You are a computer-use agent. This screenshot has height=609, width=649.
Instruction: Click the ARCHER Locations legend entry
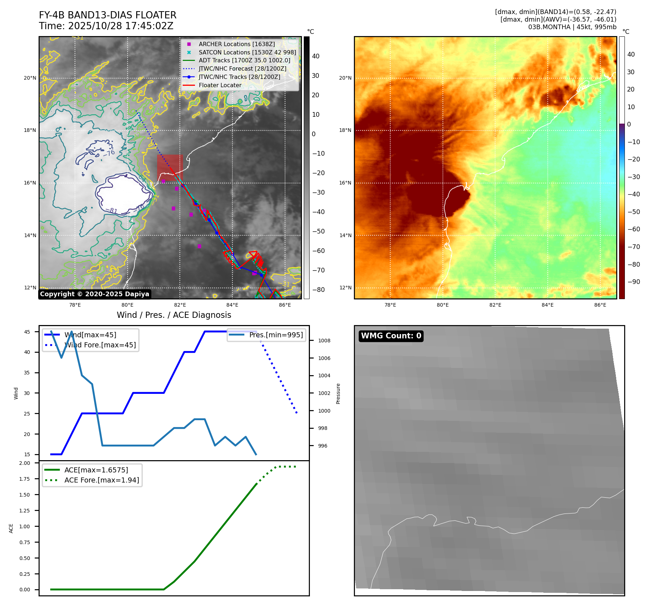(236, 44)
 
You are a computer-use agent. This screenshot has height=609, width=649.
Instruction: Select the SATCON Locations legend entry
(247, 52)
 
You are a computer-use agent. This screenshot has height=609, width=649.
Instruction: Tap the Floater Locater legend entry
(220, 85)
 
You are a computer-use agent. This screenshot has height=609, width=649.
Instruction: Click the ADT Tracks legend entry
(244, 60)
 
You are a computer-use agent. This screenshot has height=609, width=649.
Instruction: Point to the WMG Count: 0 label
(391, 336)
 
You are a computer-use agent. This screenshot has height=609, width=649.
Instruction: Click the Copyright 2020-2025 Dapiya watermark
(94, 294)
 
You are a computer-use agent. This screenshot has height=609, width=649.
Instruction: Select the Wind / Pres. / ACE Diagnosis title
(174, 315)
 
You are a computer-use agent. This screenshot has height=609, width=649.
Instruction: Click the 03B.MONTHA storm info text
(572, 27)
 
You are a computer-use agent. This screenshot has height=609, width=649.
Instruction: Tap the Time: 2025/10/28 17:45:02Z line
(106, 26)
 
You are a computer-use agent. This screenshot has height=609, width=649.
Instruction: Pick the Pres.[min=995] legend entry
(276, 335)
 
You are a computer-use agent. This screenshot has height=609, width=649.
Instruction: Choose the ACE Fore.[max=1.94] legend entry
(102, 480)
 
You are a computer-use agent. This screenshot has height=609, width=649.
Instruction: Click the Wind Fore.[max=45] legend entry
(100, 345)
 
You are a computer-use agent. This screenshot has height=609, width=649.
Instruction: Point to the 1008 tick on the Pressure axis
(324, 341)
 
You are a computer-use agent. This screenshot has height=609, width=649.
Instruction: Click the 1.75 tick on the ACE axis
(25, 479)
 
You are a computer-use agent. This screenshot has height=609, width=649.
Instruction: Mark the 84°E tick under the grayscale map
(232, 305)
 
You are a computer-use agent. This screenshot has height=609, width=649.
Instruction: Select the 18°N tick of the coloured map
(345, 130)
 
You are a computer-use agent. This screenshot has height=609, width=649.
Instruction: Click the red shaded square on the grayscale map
(170, 168)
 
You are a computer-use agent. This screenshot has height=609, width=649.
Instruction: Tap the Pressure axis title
(338, 394)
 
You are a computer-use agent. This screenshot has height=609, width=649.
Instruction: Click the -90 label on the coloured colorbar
(634, 282)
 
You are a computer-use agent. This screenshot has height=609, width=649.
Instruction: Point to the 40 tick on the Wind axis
(27, 352)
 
